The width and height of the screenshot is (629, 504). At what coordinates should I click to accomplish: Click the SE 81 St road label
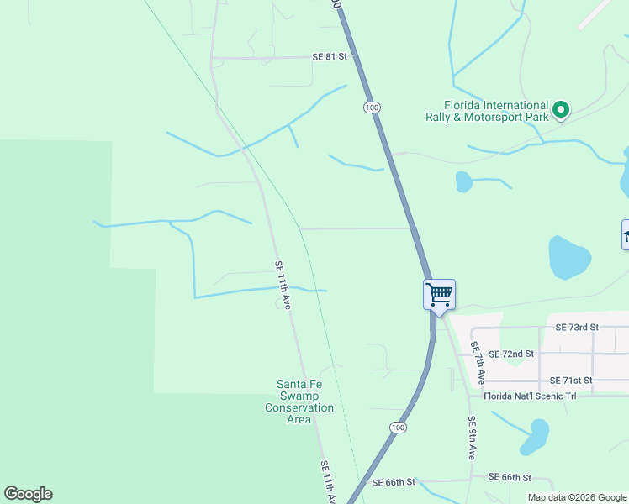[x=329, y=57]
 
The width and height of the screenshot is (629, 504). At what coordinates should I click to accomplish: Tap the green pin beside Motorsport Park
[x=560, y=109]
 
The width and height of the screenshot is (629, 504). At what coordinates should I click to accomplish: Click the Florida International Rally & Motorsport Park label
[x=485, y=111]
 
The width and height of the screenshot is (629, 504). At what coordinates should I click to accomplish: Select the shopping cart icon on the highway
[x=439, y=296]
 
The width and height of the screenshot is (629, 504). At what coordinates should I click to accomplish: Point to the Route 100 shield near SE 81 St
[x=372, y=108]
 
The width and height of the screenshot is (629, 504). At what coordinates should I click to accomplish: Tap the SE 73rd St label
[x=577, y=327]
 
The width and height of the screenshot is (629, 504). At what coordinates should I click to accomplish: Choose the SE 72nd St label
[x=511, y=354]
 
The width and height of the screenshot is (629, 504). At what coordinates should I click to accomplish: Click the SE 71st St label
[x=571, y=381]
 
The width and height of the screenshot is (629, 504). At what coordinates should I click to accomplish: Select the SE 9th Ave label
[x=472, y=438]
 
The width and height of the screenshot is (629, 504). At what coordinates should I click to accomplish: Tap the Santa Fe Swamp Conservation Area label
[x=299, y=402]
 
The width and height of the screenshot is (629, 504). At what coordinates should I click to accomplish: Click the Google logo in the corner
[x=28, y=494]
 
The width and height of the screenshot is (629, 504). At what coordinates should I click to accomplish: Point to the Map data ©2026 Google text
[x=576, y=497]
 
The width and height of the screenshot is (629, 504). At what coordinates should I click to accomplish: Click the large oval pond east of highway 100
[x=568, y=257]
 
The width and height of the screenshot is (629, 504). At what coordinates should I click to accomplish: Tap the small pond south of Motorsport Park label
[x=463, y=181]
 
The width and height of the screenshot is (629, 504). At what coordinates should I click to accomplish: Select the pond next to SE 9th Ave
[x=534, y=437]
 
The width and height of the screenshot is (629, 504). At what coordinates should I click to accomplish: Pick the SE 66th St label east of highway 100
[x=511, y=477]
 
